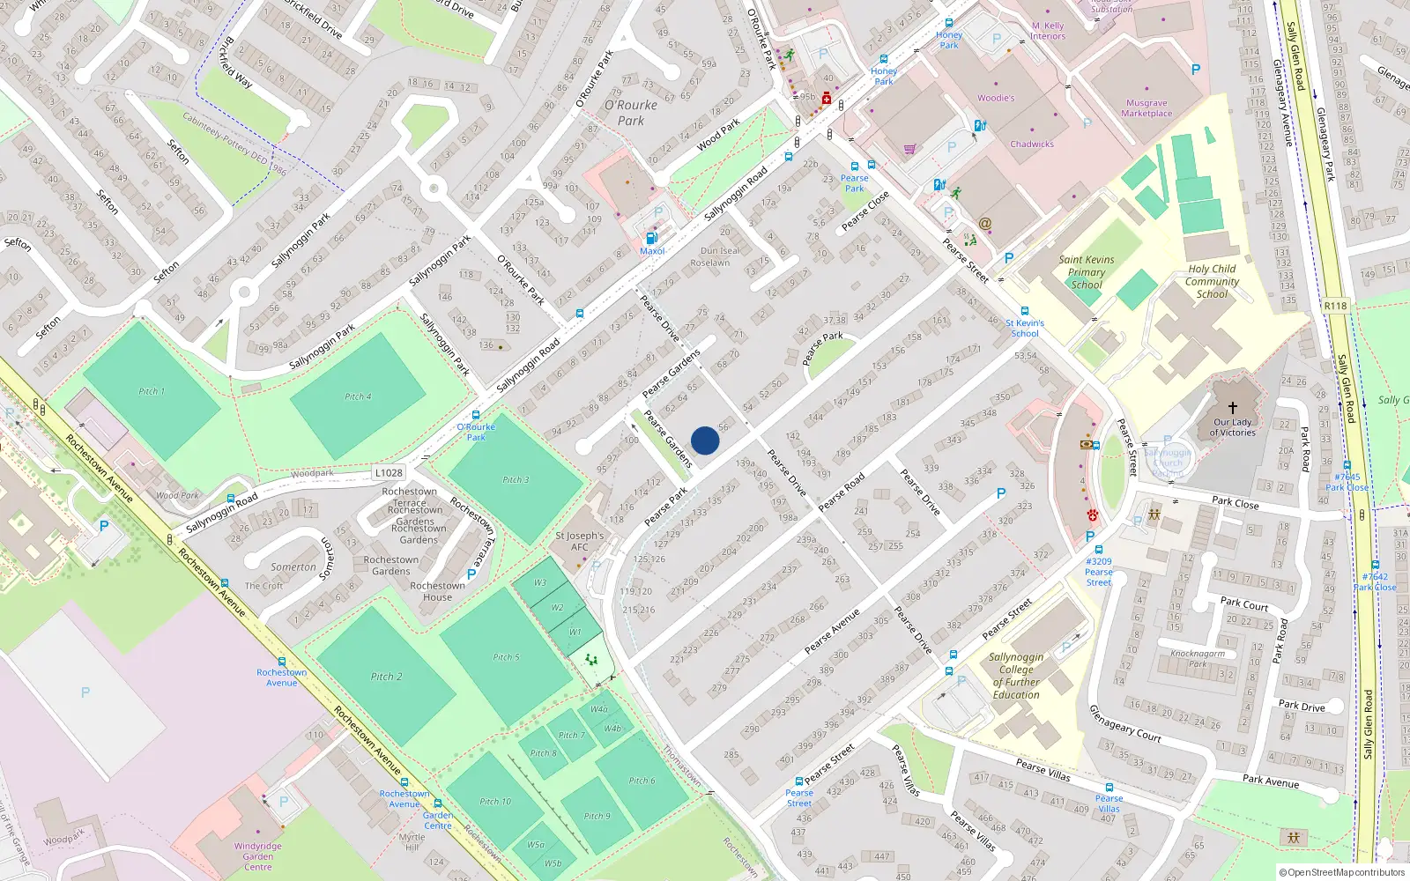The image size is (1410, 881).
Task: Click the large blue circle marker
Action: (x=705, y=440)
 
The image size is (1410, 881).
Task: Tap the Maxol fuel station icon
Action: (x=652, y=238)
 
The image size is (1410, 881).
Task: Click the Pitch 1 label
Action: (x=152, y=391)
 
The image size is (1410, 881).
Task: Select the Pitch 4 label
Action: (x=358, y=396)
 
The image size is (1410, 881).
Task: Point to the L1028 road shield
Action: (x=388, y=473)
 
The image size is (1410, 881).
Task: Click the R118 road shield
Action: (x=1335, y=306)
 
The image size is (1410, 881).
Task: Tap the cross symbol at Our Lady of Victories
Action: (x=1232, y=407)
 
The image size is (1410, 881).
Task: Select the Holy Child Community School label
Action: (x=1212, y=281)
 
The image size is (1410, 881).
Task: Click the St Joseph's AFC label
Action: (x=579, y=541)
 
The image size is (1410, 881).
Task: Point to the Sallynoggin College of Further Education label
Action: (x=1016, y=676)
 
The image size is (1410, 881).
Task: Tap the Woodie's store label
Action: (x=996, y=98)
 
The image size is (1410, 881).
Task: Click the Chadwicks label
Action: (x=1031, y=144)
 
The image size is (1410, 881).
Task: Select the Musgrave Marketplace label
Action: (x=1147, y=108)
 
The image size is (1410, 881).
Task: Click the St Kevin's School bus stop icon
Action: (x=1024, y=311)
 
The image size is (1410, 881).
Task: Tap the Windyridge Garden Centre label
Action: (x=258, y=856)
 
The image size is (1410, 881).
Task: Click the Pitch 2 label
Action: (x=386, y=677)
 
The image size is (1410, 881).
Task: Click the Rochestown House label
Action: (x=437, y=591)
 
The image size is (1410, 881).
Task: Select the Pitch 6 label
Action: (x=642, y=781)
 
